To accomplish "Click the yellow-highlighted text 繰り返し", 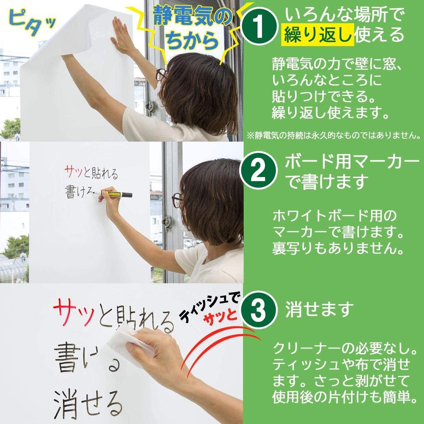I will tap(318, 35).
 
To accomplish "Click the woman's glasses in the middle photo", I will tap(177, 200).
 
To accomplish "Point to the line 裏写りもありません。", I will tap(338, 248).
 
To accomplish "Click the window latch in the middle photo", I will tap(167, 223).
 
